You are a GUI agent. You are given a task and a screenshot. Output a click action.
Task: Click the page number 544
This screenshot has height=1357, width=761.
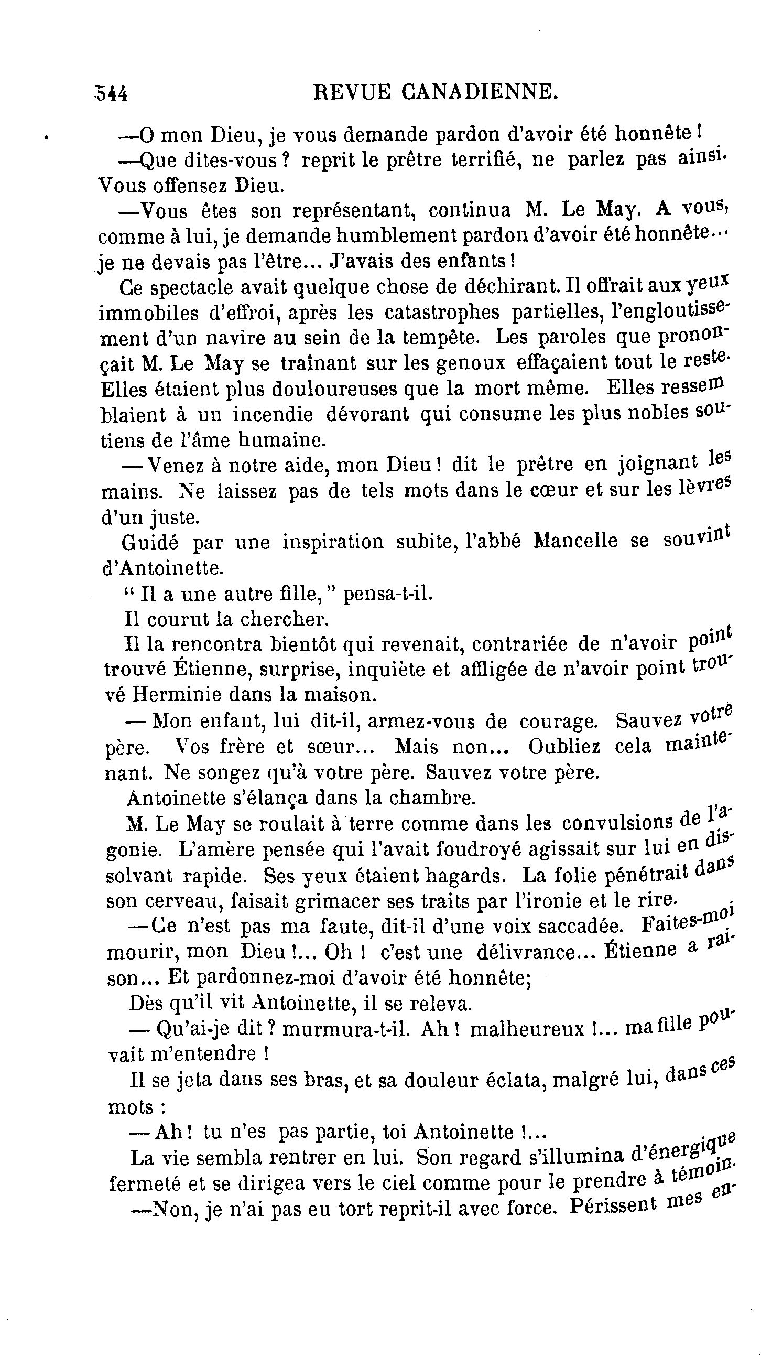click(x=112, y=93)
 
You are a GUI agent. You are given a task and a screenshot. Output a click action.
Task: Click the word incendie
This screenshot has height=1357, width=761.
click(x=273, y=414)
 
